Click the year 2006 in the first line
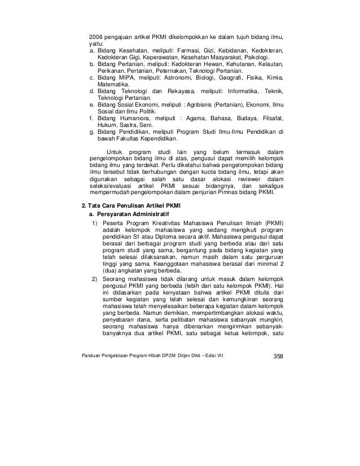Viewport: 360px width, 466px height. [x=96, y=37]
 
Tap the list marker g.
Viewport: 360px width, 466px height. [x=92, y=133]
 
